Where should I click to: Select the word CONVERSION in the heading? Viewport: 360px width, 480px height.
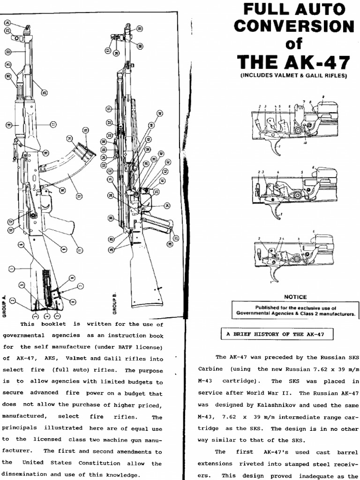coord(295,26)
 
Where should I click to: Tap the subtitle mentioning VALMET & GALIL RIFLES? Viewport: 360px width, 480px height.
coord(294,75)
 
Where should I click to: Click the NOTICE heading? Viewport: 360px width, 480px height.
coord(295,297)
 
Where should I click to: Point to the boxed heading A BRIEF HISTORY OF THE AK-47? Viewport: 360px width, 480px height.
coord(277,334)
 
